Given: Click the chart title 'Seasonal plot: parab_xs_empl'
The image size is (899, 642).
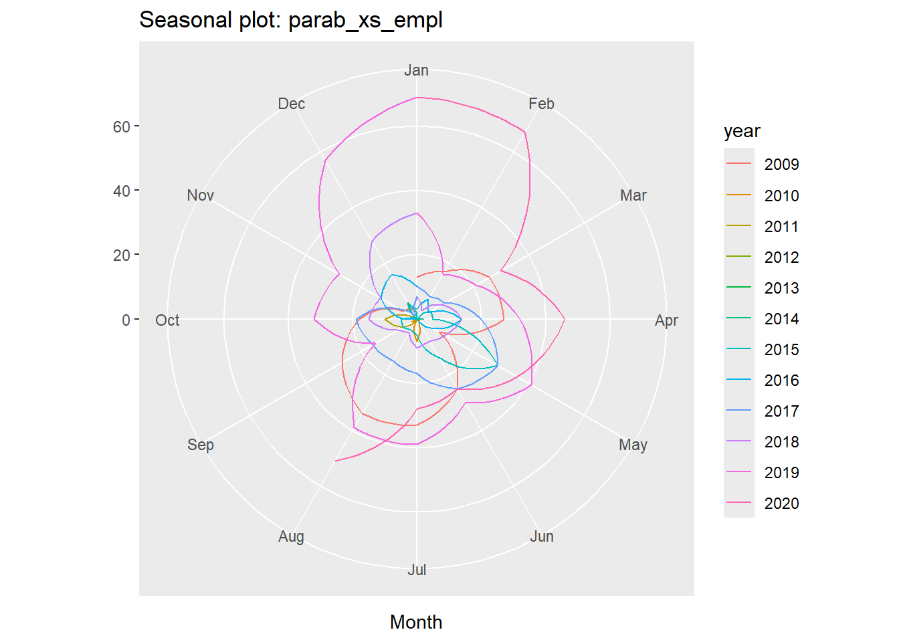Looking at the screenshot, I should tap(290, 20).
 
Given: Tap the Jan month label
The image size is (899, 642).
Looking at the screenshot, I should tap(416, 70).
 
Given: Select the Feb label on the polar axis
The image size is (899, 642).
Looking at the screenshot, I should tap(541, 104).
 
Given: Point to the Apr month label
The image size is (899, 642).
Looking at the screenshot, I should tap(666, 320).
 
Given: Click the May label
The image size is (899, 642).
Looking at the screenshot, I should tap(633, 445).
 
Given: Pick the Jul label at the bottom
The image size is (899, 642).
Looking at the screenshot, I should tap(417, 570).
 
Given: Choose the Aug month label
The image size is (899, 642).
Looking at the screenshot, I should tap(291, 536).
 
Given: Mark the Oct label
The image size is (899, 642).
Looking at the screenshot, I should tap(167, 320).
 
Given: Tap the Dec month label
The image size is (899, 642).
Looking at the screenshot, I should tap(291, 104).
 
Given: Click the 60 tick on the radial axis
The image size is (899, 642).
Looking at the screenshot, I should tap(122, 126).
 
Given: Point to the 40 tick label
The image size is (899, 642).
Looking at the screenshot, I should tap(122, 191).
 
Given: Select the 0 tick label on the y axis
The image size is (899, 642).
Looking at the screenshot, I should tap(126, 320).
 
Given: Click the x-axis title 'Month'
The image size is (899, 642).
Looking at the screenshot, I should tap(416, 622).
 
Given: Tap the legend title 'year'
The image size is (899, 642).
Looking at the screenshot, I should tap(742, 131).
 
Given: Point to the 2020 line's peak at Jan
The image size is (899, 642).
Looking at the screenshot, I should tap(417, 98).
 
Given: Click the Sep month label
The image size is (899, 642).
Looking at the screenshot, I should tap(200, 445).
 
